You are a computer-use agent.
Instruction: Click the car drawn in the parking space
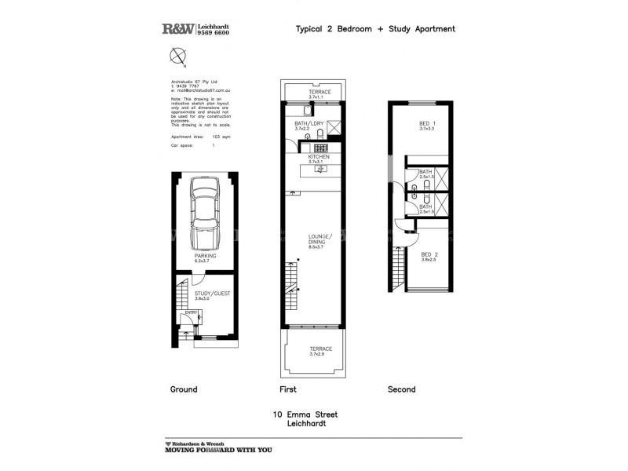pos(205,212)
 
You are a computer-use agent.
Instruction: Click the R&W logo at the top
pos(179,29)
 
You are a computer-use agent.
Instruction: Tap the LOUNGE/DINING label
pos(319,240)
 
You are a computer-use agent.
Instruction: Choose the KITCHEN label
pos(319,157)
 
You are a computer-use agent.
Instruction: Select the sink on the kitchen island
pos(319,168)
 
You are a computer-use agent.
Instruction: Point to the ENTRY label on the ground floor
pos(189,312)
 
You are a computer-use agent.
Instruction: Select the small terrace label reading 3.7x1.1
pos(319,97)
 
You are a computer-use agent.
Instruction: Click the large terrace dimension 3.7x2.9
pos(319,355)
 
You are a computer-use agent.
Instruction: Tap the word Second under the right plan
pos(401,389)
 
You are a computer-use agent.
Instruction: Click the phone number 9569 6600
pos(214,33)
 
